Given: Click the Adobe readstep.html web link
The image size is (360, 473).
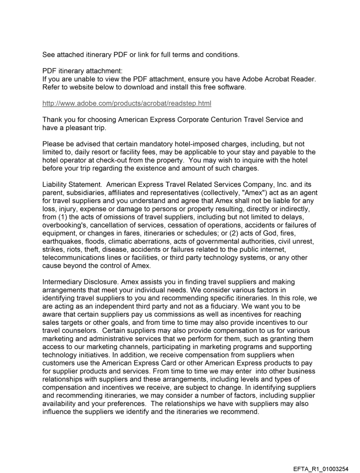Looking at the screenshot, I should (127, 104).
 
